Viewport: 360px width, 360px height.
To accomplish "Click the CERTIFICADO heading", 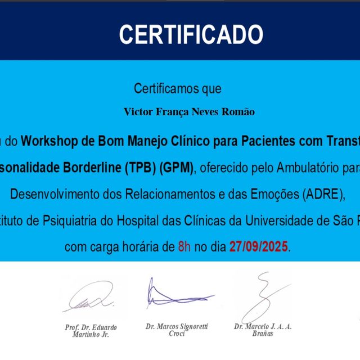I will point(191,35).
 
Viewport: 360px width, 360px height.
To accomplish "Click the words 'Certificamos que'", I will point(178,88).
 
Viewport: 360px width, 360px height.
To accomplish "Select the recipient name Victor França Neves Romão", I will point(189,112).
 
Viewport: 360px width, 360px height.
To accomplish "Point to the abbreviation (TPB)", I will point(141,168).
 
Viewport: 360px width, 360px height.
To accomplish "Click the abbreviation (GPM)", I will point(177,168).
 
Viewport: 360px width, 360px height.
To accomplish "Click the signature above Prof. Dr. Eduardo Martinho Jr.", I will point(90,296).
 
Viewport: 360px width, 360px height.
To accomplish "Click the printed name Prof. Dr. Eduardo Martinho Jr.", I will point(91,331).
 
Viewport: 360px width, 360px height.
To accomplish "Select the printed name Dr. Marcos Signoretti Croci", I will point(177,329).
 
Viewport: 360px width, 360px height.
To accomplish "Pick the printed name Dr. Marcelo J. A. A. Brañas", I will point(263,330).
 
